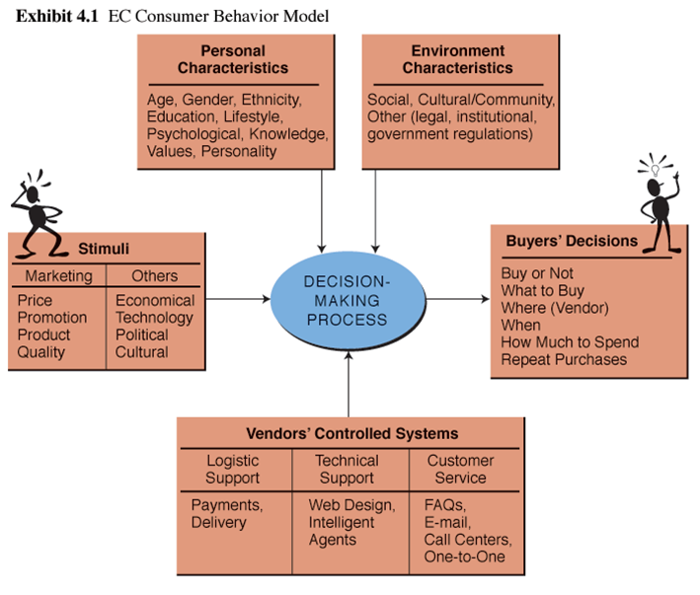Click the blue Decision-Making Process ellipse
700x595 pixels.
click(346, 294)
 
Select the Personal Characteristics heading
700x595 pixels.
click(233, 59)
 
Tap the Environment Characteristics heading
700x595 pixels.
click(457, 59)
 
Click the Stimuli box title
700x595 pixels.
click(104, 248)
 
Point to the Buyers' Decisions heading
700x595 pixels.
click(572, 241)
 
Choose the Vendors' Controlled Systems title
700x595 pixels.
click(351, 433)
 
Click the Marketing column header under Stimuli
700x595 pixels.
click(58, 276)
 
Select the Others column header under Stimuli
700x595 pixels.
click(154, 276)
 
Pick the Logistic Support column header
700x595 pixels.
click(233, 469)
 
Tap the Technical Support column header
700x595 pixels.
click(347, 469)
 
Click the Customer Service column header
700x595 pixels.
click(460, 469)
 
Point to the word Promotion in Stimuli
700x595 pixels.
click(52, 318)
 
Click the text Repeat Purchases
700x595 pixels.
click(564, 360)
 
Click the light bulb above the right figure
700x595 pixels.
click(653, 169)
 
